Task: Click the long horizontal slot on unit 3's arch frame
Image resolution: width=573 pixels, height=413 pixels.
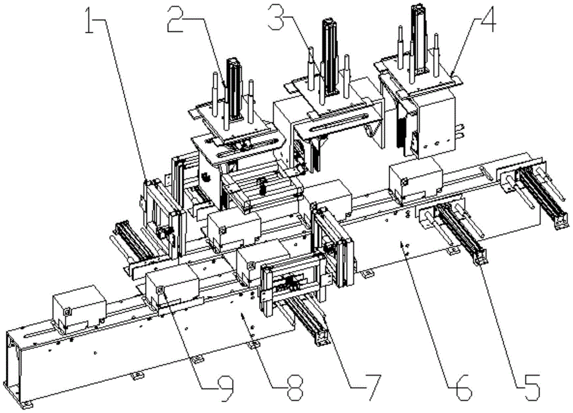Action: [338, 123]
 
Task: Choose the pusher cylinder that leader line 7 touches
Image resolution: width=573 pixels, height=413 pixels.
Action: [309, 321]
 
